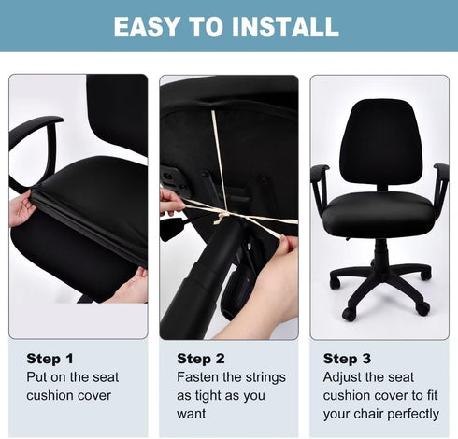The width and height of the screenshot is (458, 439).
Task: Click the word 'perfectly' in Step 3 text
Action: (408, 413)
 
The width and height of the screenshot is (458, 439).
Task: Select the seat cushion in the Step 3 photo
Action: (379, 212)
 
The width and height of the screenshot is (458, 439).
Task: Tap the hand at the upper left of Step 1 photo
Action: (21, 207)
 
